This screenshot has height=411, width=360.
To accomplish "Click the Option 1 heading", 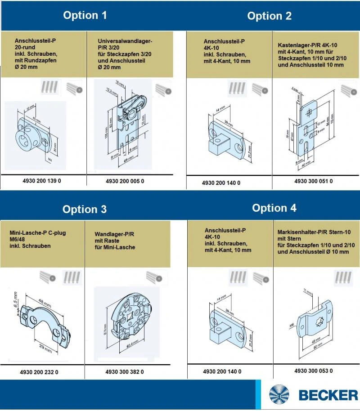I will tap(85, 15).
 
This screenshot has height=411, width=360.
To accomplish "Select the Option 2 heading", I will tap(269, 16).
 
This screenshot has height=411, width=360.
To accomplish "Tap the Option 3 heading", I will tap(85, 210).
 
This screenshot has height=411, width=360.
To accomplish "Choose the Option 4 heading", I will tap(274, 208).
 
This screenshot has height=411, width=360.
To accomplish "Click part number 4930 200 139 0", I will tap(41, 181).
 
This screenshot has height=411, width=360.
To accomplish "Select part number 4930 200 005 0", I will tap(125, 181).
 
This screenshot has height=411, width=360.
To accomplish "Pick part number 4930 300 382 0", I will tap(125, 372).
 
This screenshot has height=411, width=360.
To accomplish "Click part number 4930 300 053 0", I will tap(313, 371).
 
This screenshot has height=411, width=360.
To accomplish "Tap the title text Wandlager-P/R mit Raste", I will tap(115, 241).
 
